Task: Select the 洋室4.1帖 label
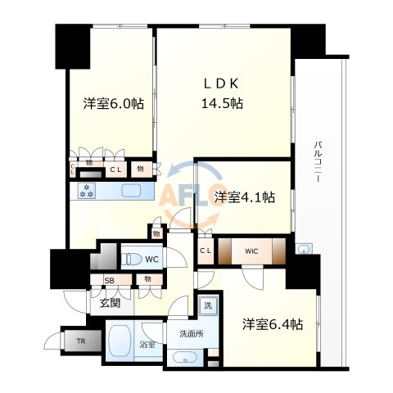coord(244,197)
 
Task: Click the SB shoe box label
coord(109,281)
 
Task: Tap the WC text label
coord(152,260)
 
